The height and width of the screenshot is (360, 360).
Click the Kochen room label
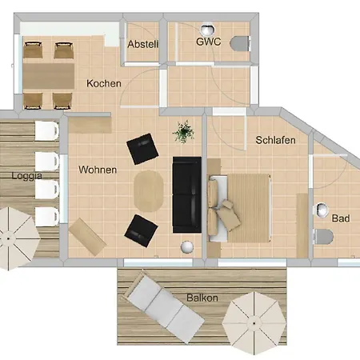coord(104,83)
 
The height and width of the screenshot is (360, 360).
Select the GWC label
coord(209,41)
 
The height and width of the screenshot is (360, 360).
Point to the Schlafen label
coord(276,140)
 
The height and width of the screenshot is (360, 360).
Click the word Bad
coord(341,218)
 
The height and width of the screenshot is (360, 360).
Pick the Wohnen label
coord(98,170)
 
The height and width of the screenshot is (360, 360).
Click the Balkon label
coord(202,298)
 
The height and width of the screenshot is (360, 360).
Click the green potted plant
coord(185,130)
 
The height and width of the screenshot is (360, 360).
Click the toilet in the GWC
coord(239,43)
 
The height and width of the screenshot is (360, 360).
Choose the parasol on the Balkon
coord(254,323)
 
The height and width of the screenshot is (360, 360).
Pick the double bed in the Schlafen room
coord(245,206)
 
